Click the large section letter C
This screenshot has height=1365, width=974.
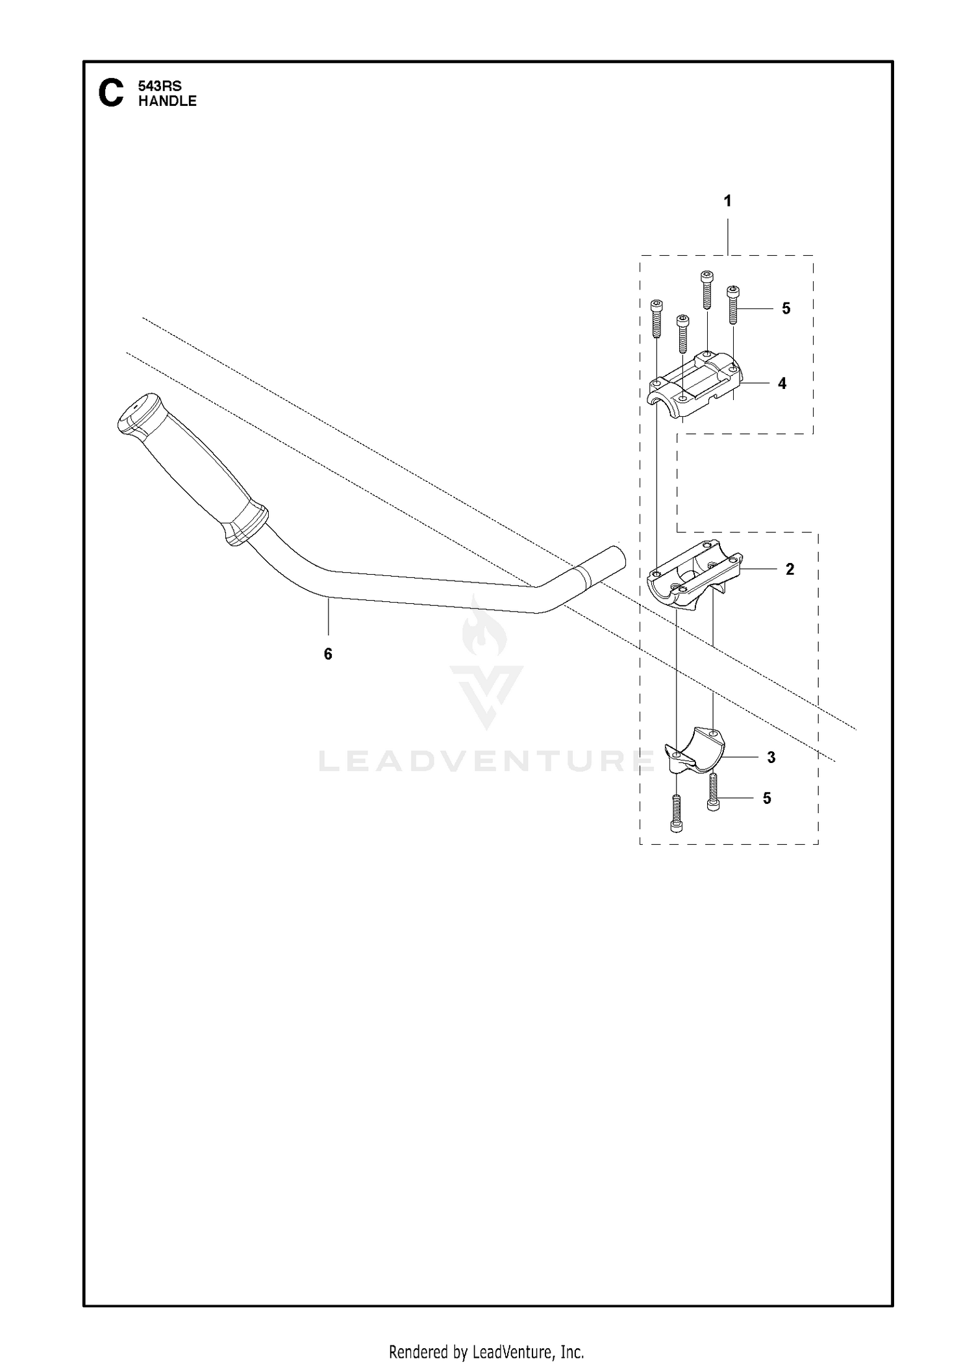pos(110,93)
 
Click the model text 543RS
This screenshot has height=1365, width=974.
pos(160,86)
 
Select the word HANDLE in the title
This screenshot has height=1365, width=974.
pos(168,101)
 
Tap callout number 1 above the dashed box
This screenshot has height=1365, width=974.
pos(727,201)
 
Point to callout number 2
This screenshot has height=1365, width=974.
pos(790,570)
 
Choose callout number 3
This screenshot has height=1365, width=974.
pos(771,757)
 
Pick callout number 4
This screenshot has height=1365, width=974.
pos(782,384)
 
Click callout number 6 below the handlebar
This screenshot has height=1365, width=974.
pos(328,654)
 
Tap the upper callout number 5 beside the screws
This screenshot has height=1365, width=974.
pos(786,308)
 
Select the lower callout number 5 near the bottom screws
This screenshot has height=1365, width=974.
pos(767,798)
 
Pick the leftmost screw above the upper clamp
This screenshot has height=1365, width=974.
pos(656,318)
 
